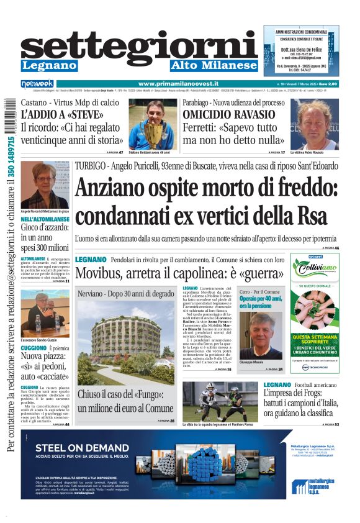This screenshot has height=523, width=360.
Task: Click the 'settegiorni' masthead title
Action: (140, 47)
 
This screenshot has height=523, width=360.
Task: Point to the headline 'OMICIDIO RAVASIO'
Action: (228, 114)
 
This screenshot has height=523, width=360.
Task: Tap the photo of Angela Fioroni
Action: (44, 184)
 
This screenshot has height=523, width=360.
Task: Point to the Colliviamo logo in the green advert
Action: (315, 269)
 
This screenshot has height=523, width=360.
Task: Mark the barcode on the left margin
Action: (9, 116)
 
